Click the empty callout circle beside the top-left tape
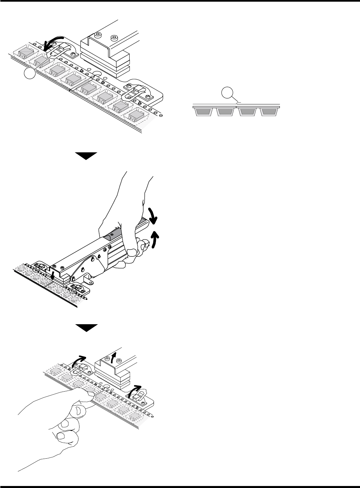(30, 74)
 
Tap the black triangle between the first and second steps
(85, 156)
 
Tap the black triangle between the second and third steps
(85, 328)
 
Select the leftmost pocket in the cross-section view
(204, 112)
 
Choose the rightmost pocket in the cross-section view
(268, 112)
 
